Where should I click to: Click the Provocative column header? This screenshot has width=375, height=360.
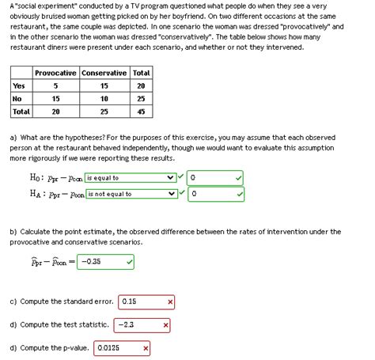point(55,74)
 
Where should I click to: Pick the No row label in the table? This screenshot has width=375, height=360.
point(17,99)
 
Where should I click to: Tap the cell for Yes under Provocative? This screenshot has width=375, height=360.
point(55,86)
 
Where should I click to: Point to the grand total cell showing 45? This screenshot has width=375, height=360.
point(142,112)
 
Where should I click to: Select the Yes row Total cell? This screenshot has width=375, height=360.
point(142,86)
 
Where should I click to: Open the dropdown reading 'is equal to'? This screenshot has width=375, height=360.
point(130,178)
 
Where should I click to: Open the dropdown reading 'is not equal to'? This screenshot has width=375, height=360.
point(130,193)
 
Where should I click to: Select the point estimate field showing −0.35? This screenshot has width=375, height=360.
point(100,261)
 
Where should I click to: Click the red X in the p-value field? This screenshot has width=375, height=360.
point(146,347)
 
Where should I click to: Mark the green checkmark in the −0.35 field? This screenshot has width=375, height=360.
point(129,261)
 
